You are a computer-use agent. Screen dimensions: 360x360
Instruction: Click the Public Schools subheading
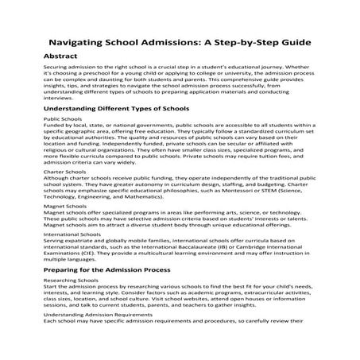click(62, 118)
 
